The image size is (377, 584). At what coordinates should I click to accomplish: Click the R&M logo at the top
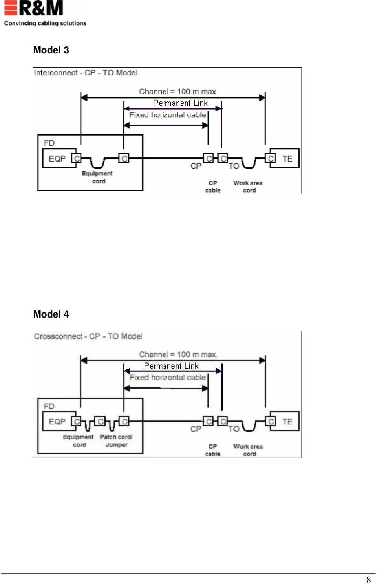click(x=34, y=8)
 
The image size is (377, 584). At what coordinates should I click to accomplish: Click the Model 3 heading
click(x=51, y=50)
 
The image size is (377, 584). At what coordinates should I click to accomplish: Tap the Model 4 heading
click(x=51, y=314)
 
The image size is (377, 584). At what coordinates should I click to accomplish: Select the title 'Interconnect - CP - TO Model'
click(x=86, y=73)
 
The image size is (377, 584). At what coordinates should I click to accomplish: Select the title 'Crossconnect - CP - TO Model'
click(x=88, y=336)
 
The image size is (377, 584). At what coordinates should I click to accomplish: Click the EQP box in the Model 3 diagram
click(x=59, y=158)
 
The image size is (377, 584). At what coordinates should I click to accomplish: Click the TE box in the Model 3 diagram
click(x=284, y=158)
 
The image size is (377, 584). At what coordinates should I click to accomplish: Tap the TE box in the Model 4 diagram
click(x=284, y=421)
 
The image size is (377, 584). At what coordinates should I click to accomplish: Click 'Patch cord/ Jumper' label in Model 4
click(x=116, y=441)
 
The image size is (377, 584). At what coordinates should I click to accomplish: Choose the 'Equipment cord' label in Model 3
click(x=97, y=177)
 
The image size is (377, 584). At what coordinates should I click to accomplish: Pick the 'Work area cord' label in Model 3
click(x=248, y=187)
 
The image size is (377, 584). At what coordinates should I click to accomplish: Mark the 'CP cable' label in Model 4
click(x=212, y=450)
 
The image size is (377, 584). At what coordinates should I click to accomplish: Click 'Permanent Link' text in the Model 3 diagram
click(x=180, y=103)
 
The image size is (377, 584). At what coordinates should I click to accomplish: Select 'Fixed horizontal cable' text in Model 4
click(x=168, y=378)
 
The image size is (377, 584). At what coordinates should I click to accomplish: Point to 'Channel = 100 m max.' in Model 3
click(x=178, y=92)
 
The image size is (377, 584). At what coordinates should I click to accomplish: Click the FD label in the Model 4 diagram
click(x=49, y=406)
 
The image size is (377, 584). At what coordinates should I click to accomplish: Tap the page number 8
click(x=369, y=579)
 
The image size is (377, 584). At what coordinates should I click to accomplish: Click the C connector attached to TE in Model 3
click(x=271, y=158)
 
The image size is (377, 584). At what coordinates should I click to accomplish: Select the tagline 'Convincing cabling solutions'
click(x=45, y=23)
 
